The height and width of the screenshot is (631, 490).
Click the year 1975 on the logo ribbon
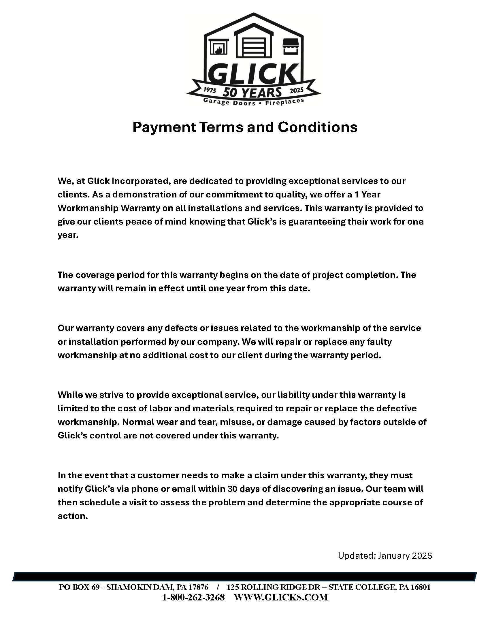210,90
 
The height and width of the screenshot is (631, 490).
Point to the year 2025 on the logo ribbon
297,90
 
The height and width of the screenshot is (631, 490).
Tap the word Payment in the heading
164,127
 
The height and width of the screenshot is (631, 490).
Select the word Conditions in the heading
318,127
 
